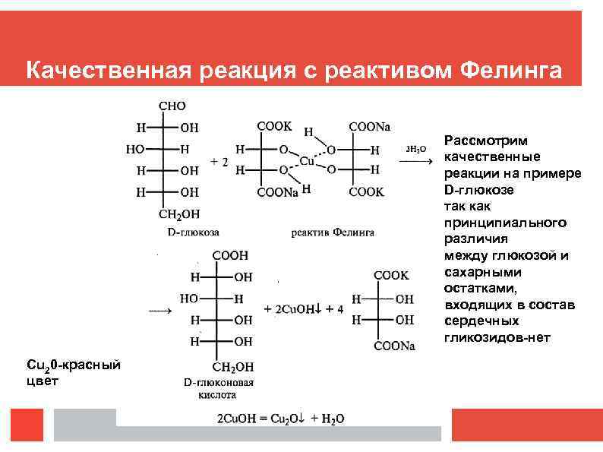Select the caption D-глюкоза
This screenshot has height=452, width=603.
point(193,229)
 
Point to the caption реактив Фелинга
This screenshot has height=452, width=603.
point(333,231)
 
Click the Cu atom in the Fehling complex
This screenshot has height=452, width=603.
point(307,160)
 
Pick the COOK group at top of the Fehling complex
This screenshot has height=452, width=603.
point(273,125)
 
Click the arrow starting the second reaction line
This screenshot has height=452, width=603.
point(159,310)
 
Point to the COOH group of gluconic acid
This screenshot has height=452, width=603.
point(230,256)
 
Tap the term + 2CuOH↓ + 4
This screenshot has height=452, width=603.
point(304,309)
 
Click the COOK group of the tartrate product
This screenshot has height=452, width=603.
point(391,275)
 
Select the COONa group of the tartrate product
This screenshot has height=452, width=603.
point(395,346)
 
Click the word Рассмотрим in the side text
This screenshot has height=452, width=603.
point(486,141)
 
